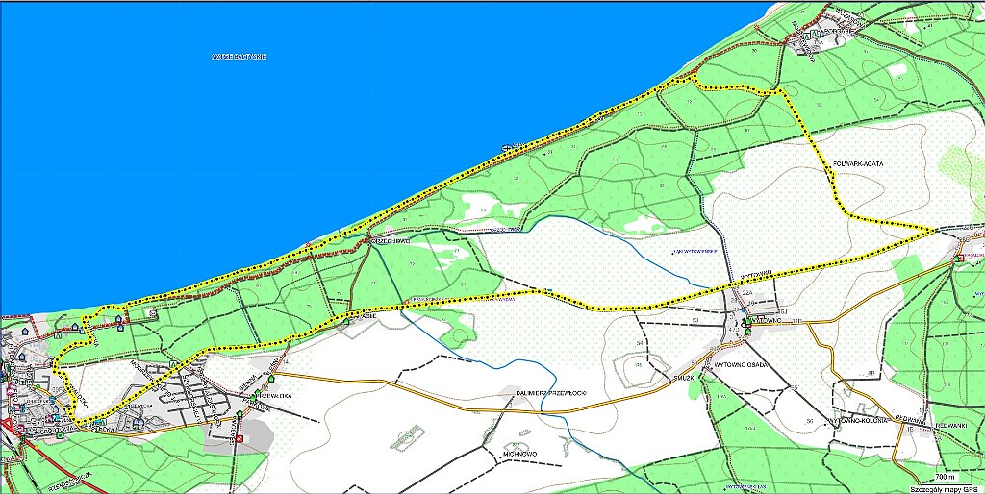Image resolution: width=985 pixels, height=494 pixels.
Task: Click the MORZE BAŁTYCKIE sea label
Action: point(238,58)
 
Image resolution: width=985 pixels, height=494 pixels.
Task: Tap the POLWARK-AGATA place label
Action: point(858,164)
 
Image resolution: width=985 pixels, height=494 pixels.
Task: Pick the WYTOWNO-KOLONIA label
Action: point(860,420)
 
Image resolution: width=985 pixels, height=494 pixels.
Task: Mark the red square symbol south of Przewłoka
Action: point(240,439)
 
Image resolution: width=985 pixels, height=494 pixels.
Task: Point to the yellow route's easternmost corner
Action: point(936,231)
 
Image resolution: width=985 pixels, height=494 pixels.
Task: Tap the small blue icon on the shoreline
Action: point(506,148)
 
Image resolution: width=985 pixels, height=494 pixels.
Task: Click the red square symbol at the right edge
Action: point(959,258)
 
